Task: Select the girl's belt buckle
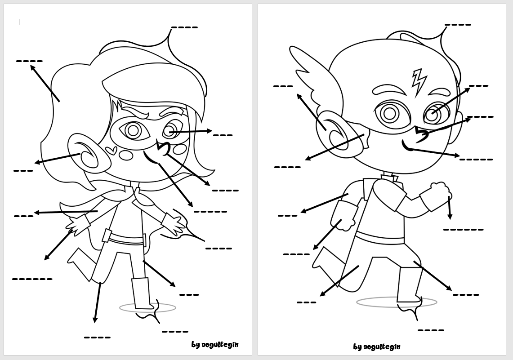[x=107, y=235]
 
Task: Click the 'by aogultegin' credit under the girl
[x=214, y=345]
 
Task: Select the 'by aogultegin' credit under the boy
[x=376, y=347]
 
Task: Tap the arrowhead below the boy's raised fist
[x=450, y=217]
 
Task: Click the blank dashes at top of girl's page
[x=184, y=27]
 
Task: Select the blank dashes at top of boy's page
[x=458, y=25]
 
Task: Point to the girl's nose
[x=162, y=147]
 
